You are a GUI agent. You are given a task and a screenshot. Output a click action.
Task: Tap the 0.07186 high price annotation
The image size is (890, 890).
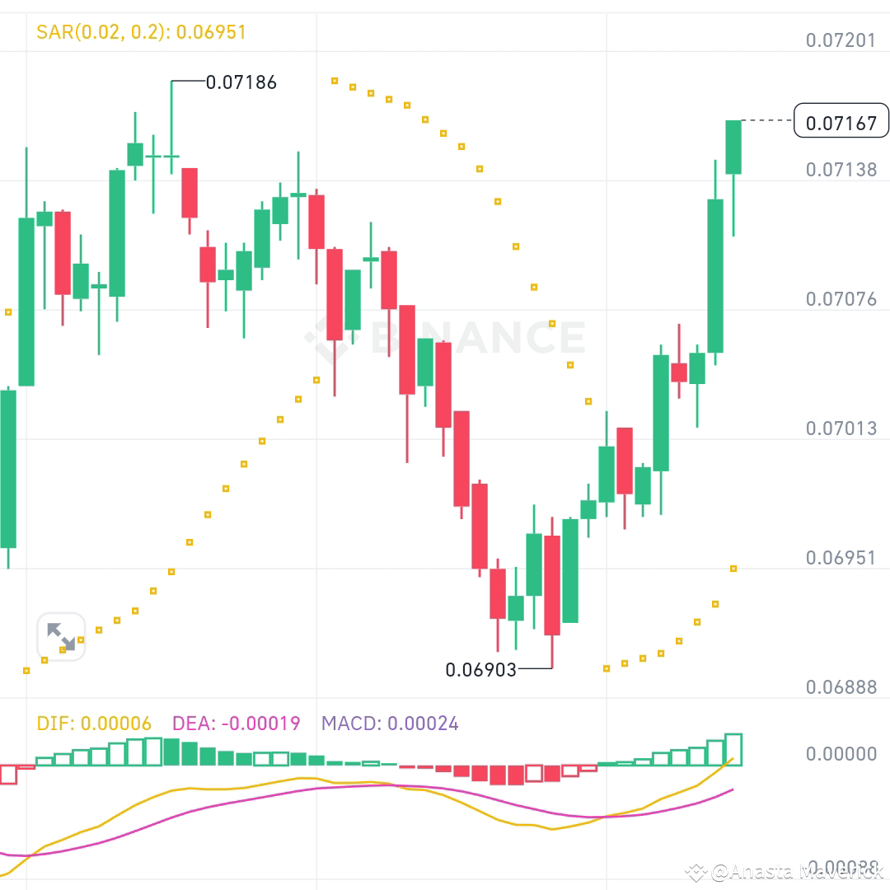241,82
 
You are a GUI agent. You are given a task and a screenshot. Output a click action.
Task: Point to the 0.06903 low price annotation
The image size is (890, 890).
480,670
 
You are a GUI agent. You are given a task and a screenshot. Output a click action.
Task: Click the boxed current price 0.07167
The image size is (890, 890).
841,124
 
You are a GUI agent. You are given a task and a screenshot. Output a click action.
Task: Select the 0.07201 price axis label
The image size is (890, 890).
841,40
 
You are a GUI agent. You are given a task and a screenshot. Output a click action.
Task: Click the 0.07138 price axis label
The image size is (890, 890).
841,170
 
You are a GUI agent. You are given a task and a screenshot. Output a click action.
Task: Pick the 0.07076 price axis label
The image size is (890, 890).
841,298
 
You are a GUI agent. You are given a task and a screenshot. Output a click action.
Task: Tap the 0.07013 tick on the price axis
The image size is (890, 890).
841,428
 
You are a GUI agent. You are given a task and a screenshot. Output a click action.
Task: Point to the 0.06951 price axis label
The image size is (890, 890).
841,557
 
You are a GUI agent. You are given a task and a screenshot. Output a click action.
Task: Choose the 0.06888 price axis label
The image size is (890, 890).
841,686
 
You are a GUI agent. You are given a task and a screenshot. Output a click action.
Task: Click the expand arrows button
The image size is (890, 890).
61,637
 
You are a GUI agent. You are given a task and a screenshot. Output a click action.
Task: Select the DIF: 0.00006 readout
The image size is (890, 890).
94,724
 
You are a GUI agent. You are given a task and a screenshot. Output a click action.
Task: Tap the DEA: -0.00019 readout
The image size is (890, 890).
236,724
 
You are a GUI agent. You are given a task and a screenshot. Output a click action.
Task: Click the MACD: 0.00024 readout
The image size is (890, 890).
390,724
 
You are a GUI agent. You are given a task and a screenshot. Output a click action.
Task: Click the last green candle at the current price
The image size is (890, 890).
733,147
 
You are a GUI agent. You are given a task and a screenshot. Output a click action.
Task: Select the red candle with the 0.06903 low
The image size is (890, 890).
552,585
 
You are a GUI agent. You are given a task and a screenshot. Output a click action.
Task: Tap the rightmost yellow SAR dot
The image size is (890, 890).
733,569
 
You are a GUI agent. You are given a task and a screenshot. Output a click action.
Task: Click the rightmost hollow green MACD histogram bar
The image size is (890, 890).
733,749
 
